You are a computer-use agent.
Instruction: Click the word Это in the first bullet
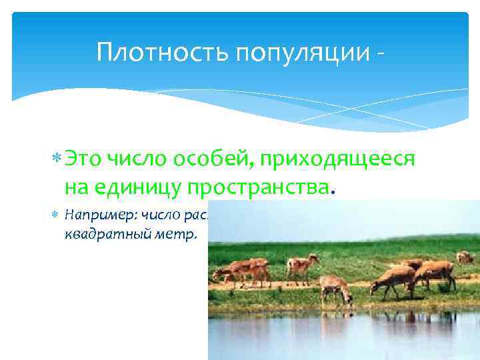tap(84, 161)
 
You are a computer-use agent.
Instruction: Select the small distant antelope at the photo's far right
tap(465, 257)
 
